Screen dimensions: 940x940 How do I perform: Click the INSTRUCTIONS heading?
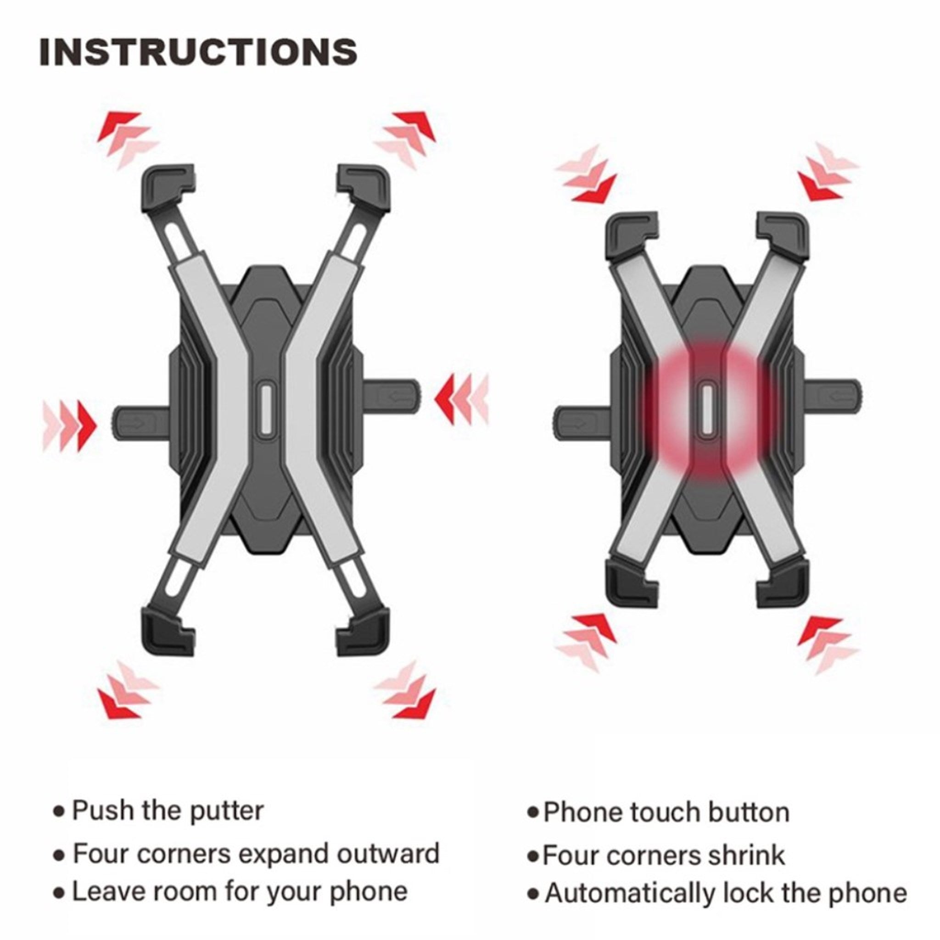(x=198, y=52)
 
